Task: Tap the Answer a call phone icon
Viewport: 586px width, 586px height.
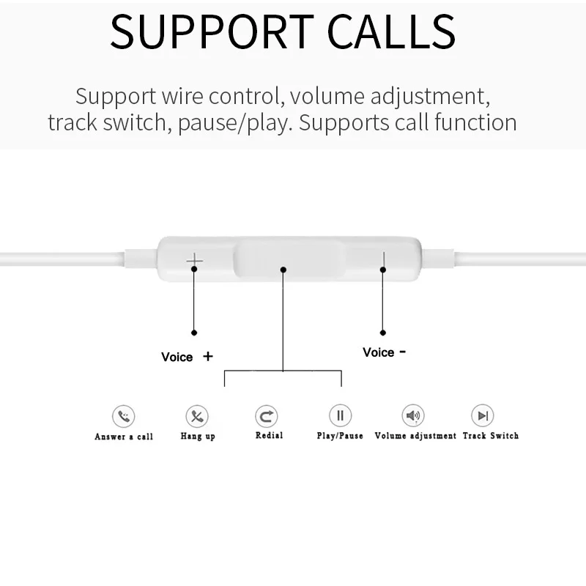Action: pyautogui.click(x=123, y=417)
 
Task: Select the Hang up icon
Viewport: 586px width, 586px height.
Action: pyautogui.click(x=197, y=417)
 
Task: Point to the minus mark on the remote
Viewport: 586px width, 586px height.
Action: pyautogui.click(x=382, y=259)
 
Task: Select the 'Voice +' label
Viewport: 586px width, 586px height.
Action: pyautogui.click(x=187, y=357)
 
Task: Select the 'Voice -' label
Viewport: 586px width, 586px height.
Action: pyautogui.click(x=384, y=352)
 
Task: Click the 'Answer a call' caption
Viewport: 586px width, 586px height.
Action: pyautogui.click(x=124, y=437)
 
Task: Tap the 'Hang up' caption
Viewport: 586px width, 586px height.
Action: pyautogui.click(x=197, y=437)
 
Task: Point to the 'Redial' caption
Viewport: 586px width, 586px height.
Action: pyautogui.click(x=269, y=436)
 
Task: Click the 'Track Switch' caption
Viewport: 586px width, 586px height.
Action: pyautogui.click(x=490, y=436)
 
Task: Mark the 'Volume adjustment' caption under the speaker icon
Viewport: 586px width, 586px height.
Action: pyautogui.click(x=415, y=436)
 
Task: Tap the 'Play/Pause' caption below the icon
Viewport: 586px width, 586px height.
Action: pyautogui.click(x=340, y=436)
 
